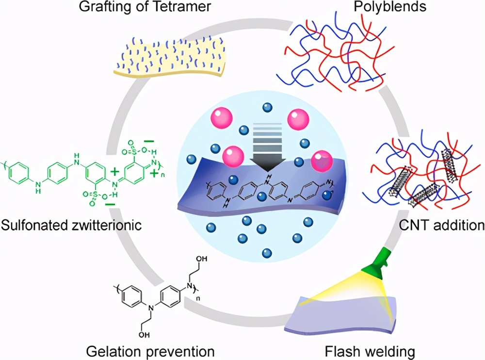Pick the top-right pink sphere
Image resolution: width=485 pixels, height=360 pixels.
coord(298,119)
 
